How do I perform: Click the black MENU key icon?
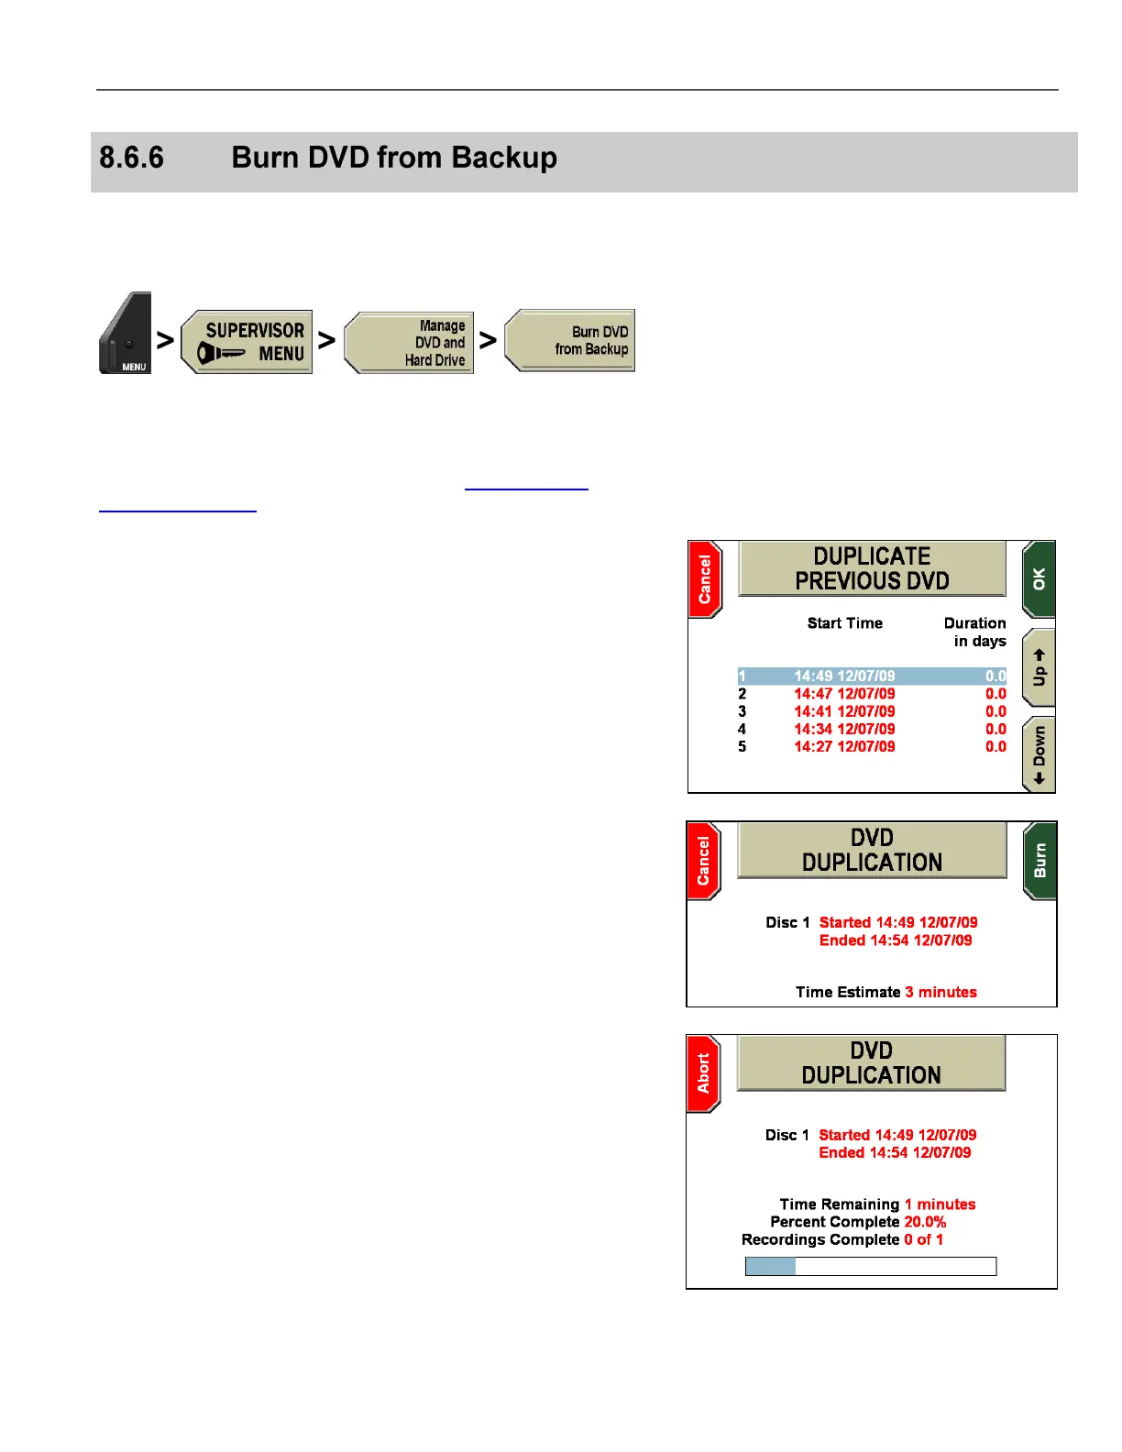point(126,334)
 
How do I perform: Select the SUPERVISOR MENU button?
point(247,342)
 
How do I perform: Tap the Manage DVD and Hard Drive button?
point(410,343)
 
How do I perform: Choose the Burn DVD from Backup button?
point(570,340)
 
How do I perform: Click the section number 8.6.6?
point(131,158)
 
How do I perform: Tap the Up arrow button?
point(1039,667)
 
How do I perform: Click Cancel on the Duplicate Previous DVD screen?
point(705,579)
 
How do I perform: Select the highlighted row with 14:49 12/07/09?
point(871,676)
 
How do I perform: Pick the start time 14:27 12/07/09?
point(844,747)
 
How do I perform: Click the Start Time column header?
point(844,623)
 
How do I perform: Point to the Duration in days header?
point(976,632)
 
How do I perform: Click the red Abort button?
point(703,1073)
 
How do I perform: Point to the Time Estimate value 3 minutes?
point(940,993)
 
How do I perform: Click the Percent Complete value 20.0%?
point(925,1222)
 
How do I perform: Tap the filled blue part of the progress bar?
point(770,1267)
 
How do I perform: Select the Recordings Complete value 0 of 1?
point(923,1240)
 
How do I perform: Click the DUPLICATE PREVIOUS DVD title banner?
point(872,569)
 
